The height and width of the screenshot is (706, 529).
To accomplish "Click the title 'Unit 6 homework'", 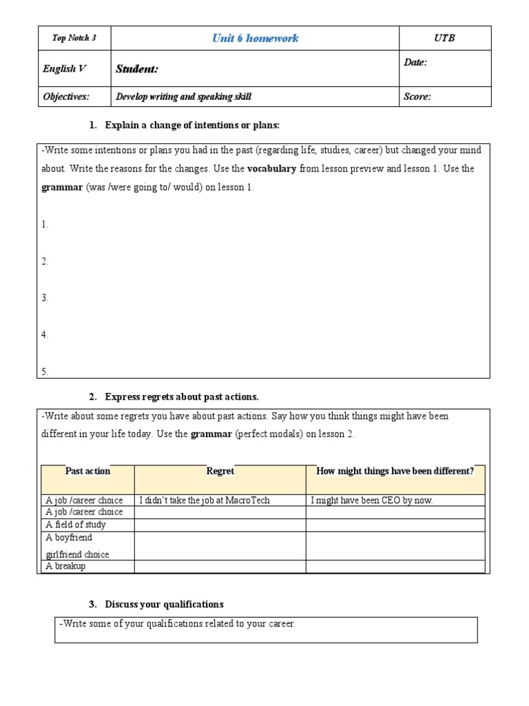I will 255,38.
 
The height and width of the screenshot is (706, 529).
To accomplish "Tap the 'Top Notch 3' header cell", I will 74,38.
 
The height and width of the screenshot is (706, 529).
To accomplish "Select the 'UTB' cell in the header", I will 444,38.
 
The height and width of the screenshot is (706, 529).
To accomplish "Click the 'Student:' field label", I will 137,69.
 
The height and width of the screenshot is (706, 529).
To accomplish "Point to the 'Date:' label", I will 415,63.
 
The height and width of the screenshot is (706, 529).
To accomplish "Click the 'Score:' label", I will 417,97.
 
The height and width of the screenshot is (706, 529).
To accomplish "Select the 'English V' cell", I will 59,69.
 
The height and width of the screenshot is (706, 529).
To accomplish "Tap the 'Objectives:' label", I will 66,97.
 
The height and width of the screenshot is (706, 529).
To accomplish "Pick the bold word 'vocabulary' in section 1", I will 271,169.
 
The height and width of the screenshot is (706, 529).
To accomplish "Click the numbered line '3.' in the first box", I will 45,298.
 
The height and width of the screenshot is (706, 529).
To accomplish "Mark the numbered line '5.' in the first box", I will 45,372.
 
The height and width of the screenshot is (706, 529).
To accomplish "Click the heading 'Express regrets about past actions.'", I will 182,396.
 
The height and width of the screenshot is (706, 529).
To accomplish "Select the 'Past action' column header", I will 87,471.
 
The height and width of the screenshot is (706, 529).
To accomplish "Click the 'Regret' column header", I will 220,471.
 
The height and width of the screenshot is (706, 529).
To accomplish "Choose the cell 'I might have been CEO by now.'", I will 372,501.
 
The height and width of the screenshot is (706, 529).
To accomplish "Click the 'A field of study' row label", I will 76,525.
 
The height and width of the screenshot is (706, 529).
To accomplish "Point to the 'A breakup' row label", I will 65,566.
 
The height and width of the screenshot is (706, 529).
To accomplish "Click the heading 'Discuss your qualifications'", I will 164,604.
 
